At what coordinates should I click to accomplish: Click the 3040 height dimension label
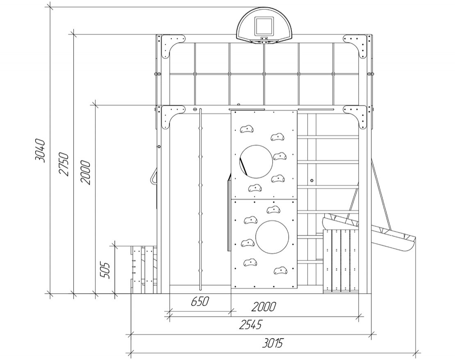tap(39, 151)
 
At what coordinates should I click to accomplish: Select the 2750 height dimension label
tap(64, 164)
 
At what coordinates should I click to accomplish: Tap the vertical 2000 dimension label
tap(86, 172)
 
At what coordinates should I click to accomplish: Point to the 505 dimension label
tap(105, 271)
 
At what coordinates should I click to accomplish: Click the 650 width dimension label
tap(200, 301)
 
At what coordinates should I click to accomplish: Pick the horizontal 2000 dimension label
tap(264, 307)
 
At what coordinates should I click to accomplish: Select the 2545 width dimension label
tap(250, 325)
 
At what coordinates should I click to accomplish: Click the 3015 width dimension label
tap(272, 344)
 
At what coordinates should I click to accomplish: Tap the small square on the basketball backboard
tap(264, 25)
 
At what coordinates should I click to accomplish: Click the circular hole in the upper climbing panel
tap(256, 161)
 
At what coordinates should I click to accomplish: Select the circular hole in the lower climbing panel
tap(272, 238)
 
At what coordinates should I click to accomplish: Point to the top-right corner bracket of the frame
tap(355, 45)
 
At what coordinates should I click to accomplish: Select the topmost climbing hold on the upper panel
tap(247, 129)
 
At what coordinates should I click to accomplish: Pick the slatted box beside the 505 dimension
tap(144, 269)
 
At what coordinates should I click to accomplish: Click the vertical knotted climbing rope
tap(200, 199)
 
